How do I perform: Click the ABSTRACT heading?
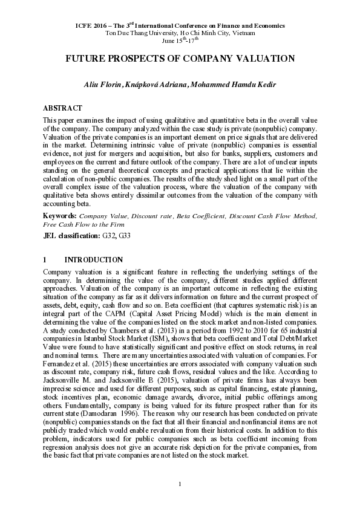(62, 108)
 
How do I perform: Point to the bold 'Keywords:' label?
(60, 215)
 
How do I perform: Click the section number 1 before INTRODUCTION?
(45, 259)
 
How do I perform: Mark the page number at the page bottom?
(180, 484)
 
